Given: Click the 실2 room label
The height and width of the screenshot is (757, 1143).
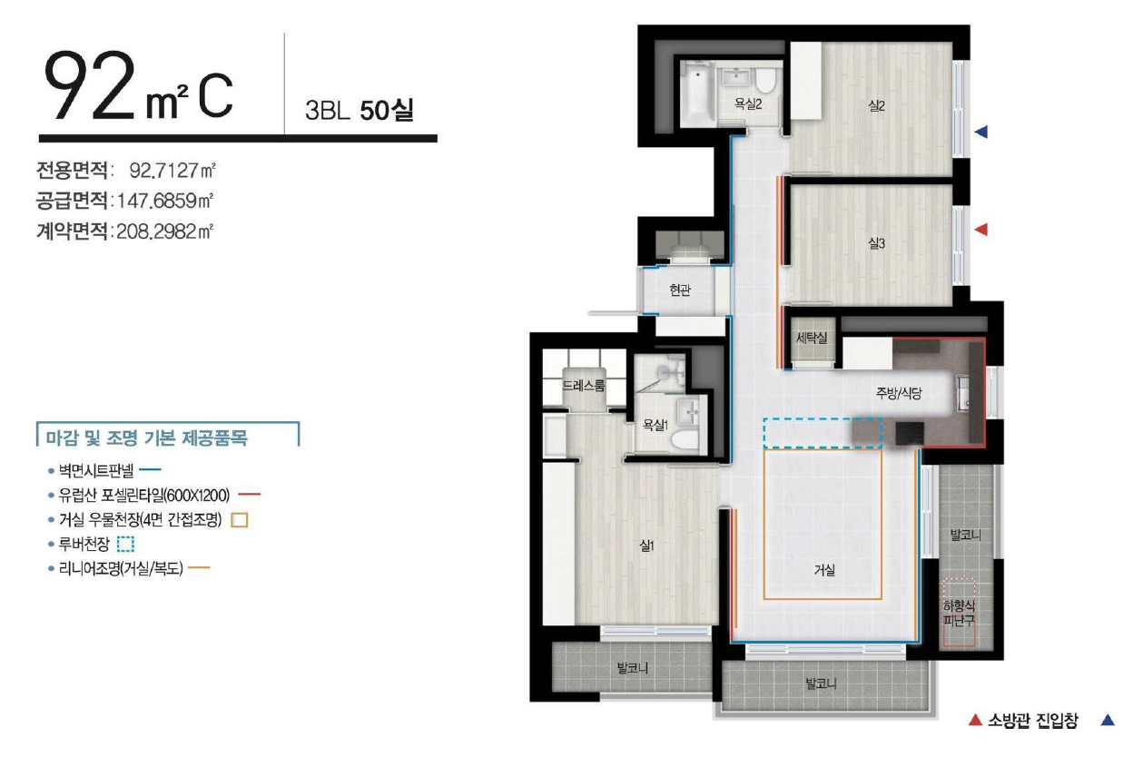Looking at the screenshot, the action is (876, 106).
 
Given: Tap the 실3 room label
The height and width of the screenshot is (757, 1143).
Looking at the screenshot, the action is (876, 244).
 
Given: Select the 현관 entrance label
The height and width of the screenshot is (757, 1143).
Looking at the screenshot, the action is (680, 290).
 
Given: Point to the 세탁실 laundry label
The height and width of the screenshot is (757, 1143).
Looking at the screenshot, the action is (812, 337).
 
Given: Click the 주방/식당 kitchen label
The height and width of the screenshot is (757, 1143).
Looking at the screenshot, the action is (899, 393).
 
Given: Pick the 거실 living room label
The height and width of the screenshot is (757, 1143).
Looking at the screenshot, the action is (824, 570).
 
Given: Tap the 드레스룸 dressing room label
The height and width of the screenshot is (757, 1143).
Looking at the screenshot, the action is (584, 385).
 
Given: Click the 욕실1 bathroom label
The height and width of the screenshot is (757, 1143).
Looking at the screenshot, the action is (655, 425).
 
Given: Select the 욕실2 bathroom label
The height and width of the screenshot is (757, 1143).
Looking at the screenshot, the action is (748, 104).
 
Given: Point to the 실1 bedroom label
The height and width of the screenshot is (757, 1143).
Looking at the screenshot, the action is (646, 546).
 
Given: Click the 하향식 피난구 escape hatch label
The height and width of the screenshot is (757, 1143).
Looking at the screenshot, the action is (959, 614).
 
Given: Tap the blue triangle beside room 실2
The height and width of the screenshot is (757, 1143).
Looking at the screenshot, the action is (981, 133).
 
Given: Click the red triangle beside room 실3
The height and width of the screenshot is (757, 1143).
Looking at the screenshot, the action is (981, 230).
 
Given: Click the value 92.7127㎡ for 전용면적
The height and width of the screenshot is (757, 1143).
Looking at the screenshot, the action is (172, 171).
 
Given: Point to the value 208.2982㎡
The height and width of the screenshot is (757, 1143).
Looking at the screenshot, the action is (164, 232).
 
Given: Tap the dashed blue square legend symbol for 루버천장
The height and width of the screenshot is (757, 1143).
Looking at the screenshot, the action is (125, 545).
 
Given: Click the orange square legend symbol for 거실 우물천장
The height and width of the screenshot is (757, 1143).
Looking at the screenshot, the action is (240, 520).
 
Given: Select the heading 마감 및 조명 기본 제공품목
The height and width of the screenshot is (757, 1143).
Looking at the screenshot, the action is (147, 437).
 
